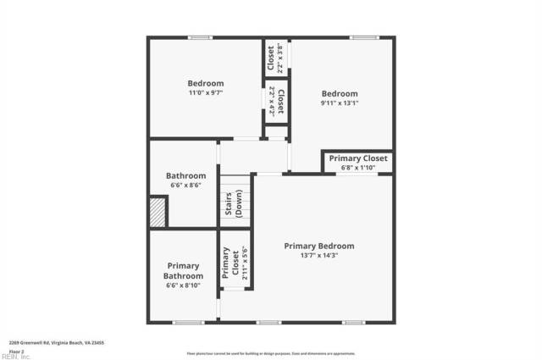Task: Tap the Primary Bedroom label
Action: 318,246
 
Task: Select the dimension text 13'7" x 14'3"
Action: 318,255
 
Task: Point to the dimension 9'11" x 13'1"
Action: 339,103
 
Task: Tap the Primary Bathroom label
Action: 183,271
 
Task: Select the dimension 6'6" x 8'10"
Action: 183,285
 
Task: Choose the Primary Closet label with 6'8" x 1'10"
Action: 357,158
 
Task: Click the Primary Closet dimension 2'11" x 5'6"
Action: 245,263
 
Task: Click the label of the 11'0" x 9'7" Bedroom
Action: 205,83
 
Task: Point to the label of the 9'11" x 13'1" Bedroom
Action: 339,94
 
